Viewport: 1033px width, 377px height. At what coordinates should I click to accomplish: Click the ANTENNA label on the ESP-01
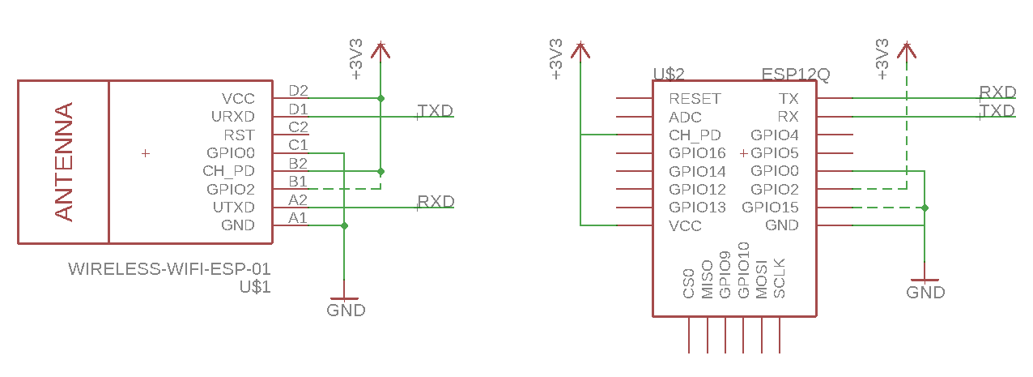pos(64,161)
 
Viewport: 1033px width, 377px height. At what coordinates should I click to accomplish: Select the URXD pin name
pos(232,117)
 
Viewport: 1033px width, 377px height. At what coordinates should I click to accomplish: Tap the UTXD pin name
pos(233,208)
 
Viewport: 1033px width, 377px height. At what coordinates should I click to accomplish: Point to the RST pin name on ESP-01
pos(239,135)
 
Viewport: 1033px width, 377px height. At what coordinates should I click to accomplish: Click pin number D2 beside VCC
pos(298,91)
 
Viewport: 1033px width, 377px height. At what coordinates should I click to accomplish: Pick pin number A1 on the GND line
pos(298,218)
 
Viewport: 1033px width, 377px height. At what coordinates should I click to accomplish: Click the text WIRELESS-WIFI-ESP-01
pos(169,268)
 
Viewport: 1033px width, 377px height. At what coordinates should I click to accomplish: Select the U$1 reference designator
pos(255,286)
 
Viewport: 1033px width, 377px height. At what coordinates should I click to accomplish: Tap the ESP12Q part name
pos(796,75)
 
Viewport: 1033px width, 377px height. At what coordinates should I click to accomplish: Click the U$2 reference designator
pos(669,75)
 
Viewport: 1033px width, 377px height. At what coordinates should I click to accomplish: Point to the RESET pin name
pos(694,99)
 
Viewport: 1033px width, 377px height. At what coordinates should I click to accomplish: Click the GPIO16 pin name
pos(697,153)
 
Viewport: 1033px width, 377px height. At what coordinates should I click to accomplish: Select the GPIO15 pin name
pos(770,208)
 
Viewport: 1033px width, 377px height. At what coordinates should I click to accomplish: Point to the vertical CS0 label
pos(689,284)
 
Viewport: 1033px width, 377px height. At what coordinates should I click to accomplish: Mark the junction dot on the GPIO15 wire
pos(925,208)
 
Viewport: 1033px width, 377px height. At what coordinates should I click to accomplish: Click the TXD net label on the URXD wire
pos(435,111)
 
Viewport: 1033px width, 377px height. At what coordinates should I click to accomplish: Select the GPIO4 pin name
pos(775,135)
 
